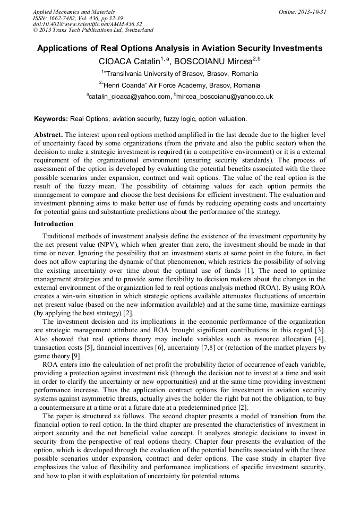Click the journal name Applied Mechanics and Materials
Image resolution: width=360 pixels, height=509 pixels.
(74, 12)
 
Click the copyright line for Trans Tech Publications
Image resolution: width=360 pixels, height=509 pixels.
(93, 30)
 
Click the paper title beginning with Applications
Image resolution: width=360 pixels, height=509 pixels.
(179, 48)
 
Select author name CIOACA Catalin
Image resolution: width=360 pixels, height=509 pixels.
(130, 61)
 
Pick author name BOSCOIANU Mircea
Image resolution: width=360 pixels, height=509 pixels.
(212, 61)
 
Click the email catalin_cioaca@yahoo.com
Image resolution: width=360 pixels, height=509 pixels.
(129, 97)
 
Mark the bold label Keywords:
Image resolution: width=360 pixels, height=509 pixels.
(51, 119)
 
